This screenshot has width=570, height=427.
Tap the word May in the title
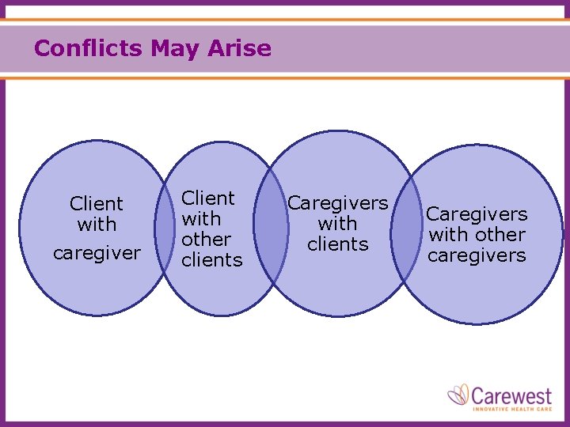click(x=176, y=49)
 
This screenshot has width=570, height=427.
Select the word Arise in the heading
click(x=240, y=49)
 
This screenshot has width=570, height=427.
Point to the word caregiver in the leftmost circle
click(x=97, y=254)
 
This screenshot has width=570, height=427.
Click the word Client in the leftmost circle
click(x=97, y=204)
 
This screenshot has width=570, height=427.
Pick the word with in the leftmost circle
click(x=97, y=225)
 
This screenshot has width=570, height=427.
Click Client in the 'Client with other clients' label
click(x=208, y=198)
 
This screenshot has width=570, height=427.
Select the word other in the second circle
click(x=207, y=239)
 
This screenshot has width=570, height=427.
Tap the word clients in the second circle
click(x=212, y=259)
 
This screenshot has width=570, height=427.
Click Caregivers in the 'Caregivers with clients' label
click(x=337, y=203)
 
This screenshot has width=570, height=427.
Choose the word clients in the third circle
click(x=337, y=244)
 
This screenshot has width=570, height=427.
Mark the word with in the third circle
click(x=337, y=224)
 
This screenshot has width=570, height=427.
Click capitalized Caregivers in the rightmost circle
click(x=477, y=214)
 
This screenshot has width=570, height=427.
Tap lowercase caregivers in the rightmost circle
click(x=477, y=255)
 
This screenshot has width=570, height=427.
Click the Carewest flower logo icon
click(x=458, y=395)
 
